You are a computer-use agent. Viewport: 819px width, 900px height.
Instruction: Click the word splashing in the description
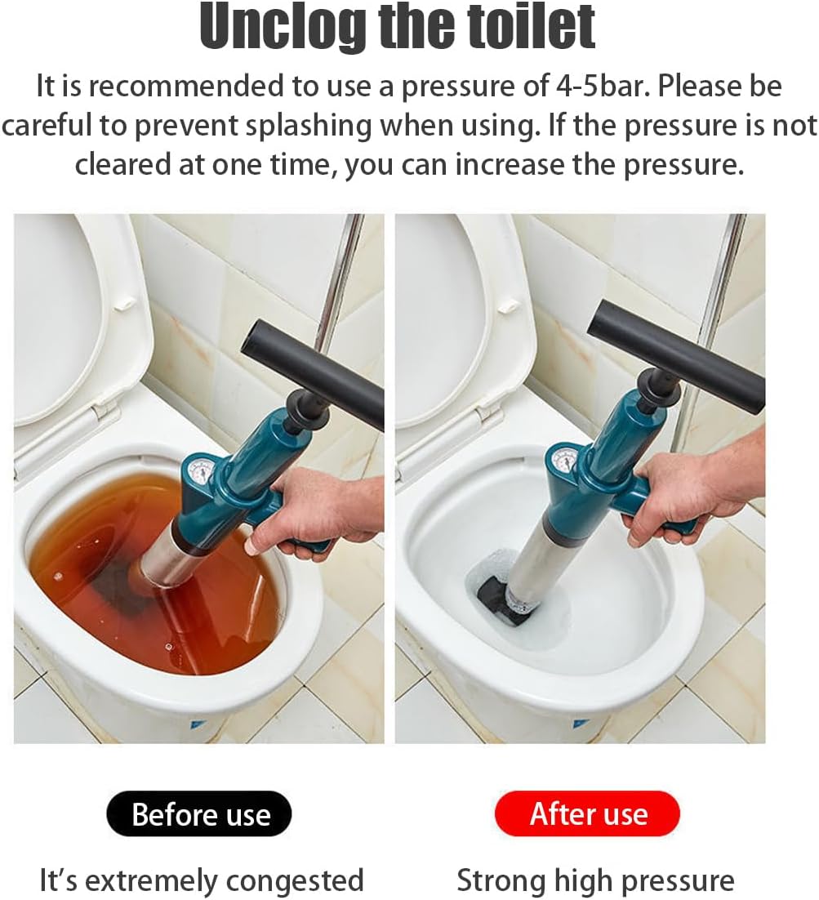tap(342, 125)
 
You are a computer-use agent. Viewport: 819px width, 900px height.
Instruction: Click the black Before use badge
tap(199, 814)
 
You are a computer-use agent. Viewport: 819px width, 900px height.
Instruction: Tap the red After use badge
tap(587, 813)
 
